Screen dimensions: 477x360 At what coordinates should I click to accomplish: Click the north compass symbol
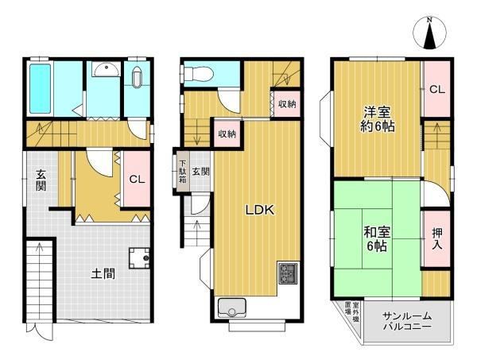[429, 33]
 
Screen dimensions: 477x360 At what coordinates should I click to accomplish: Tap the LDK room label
[260, 210]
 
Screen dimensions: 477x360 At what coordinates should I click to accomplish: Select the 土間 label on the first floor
[103, 273]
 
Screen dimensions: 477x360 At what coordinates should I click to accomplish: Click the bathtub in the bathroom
[40, 88]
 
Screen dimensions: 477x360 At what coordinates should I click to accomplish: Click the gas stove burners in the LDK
[288, 273]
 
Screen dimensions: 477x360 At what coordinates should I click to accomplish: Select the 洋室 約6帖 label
[378, 119]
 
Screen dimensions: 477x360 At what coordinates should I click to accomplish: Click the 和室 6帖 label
[377, 239]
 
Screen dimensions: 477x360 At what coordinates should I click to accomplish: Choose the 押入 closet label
[437, 239]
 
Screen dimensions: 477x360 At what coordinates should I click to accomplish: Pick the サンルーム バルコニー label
[407, 321]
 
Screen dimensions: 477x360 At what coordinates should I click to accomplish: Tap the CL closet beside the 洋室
[437, 89]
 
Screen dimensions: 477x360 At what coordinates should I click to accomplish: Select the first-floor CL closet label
[137, 179]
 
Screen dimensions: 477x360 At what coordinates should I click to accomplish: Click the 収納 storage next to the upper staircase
[287, 104]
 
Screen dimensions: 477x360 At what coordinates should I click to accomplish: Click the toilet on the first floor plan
[137, 77]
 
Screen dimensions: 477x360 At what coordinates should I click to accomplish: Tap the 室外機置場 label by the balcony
[351, 312]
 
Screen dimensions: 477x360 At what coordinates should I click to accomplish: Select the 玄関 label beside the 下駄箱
[200, 171]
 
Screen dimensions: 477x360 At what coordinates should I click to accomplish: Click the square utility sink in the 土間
[139, 258]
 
